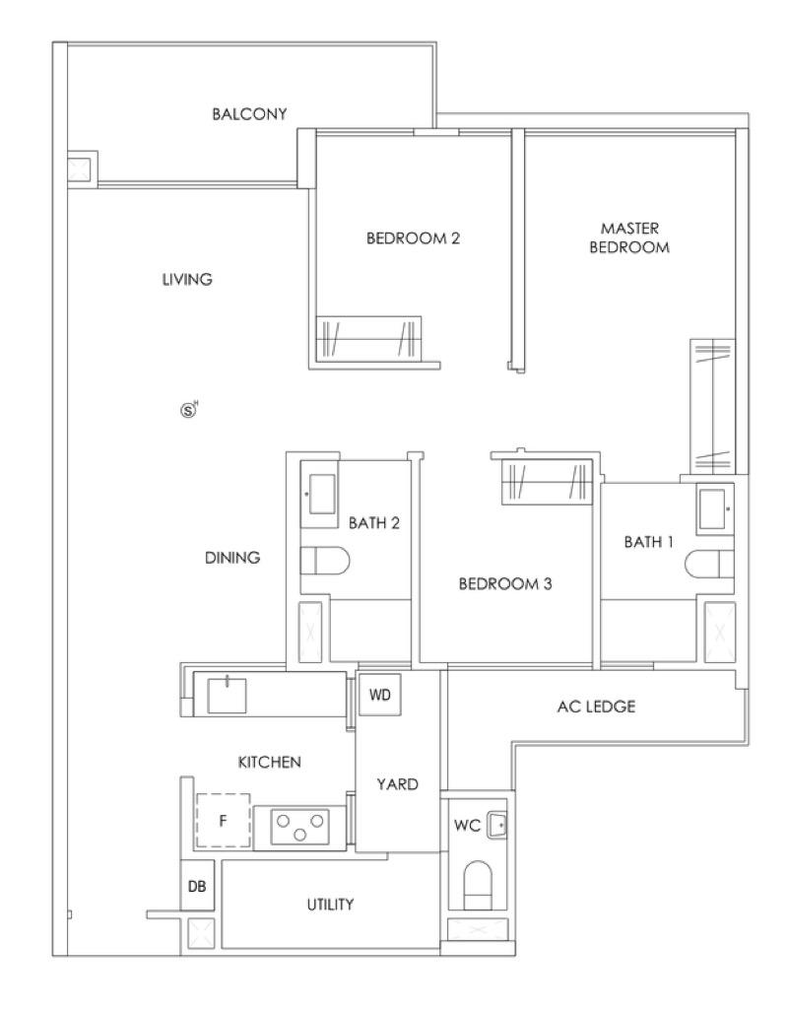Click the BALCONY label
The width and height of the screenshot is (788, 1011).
pyautogui.click(x=249, y=114)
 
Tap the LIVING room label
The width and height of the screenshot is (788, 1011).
pyautogui.click(x=187, y=279)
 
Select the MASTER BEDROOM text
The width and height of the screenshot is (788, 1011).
pyautogui.click(x=629, y=237)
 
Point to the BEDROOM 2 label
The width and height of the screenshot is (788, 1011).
pyautogui.click(x=413, y=237)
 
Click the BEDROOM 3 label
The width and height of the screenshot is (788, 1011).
pyautogui.click(x=505, y=583)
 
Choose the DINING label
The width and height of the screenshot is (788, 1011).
pyautogui.click(x=232, y=557)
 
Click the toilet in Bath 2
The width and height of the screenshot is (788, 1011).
pyautogui.click(x=325, y=561)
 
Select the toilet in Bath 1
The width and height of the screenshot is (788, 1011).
pyautogui.click(x=709, y=564)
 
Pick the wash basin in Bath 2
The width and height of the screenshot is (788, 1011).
pyautogui.click(x=321, y=495)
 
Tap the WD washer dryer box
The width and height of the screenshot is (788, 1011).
pyautogui.click(x=380, y=695)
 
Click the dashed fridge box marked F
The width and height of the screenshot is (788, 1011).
pyautogui.click(x=223, y=820)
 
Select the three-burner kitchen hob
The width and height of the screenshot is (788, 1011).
pyautogui.click(x=299, y=827)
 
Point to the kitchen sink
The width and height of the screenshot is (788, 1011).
pyautogui.click(x=227, y=694)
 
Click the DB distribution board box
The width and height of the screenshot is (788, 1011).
pyautogui.click(x=197, y=886)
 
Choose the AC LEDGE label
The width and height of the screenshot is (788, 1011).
pyautogui.click(x=596, y=706)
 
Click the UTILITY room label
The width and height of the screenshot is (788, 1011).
pyautogui.click(x=330, y=904)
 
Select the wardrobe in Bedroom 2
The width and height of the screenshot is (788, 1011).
pyautogui.click(x=368, y=339)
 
